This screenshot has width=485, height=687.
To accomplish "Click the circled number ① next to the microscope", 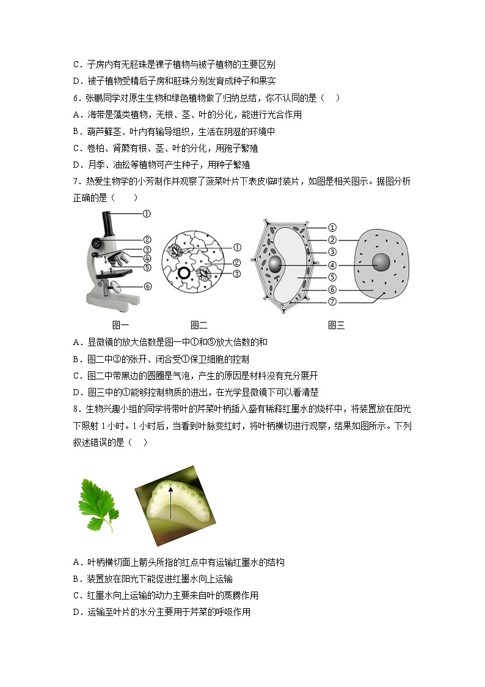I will [x=147, y=214].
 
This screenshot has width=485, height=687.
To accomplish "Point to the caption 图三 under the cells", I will [x=337, y=325].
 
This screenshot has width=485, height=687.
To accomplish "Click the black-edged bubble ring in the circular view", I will [x=183, y=273].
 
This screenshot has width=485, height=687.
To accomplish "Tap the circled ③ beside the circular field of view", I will [x=237, y=273].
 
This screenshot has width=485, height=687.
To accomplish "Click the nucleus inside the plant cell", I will [x=277, y=265].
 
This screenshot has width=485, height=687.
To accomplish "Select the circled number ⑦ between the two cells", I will [x=332, y=302].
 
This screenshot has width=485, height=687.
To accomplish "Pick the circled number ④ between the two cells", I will [x=332, y=265].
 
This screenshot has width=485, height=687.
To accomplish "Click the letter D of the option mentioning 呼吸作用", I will [x=76, y=612].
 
